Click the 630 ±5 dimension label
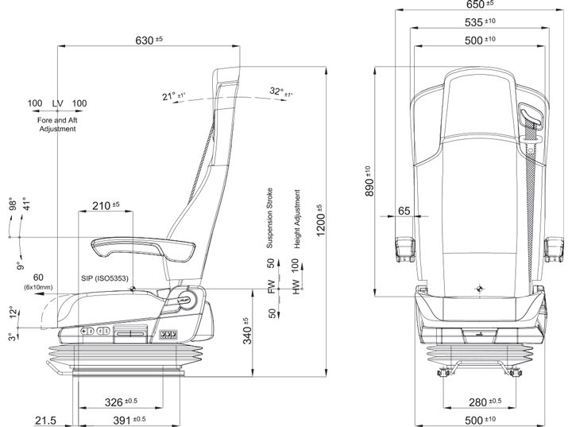coord(149,40)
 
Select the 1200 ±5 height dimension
coord(319,219)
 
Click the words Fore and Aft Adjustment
coord(57,123)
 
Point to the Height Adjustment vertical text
coord(296,219)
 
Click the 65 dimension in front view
coord(404,211)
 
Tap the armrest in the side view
coord(143,246)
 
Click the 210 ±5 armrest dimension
coord(106,205)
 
